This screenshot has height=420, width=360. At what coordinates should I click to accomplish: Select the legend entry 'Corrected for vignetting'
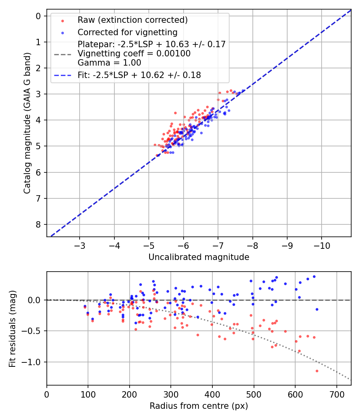tap(128, 32)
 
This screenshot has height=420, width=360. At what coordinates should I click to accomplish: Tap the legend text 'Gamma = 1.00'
tap(109, 62)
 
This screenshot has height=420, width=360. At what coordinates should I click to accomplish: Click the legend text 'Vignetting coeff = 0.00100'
tap(134, 53)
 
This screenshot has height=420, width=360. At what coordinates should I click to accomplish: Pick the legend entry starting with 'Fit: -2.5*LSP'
tap(139, 75)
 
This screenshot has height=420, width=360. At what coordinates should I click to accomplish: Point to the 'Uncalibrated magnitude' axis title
tap(199, 257)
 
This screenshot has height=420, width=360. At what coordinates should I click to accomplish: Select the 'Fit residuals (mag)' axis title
tap(12, 328)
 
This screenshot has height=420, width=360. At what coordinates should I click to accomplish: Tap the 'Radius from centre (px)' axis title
tap(199, 406)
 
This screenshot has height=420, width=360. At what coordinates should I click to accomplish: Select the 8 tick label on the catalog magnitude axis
tap(38, 224)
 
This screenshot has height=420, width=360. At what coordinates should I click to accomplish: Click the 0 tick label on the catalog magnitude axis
tap(38, 16)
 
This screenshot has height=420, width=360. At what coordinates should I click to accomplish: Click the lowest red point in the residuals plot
tap(317, 371)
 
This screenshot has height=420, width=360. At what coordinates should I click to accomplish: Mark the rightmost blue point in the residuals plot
tap(317, 309)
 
